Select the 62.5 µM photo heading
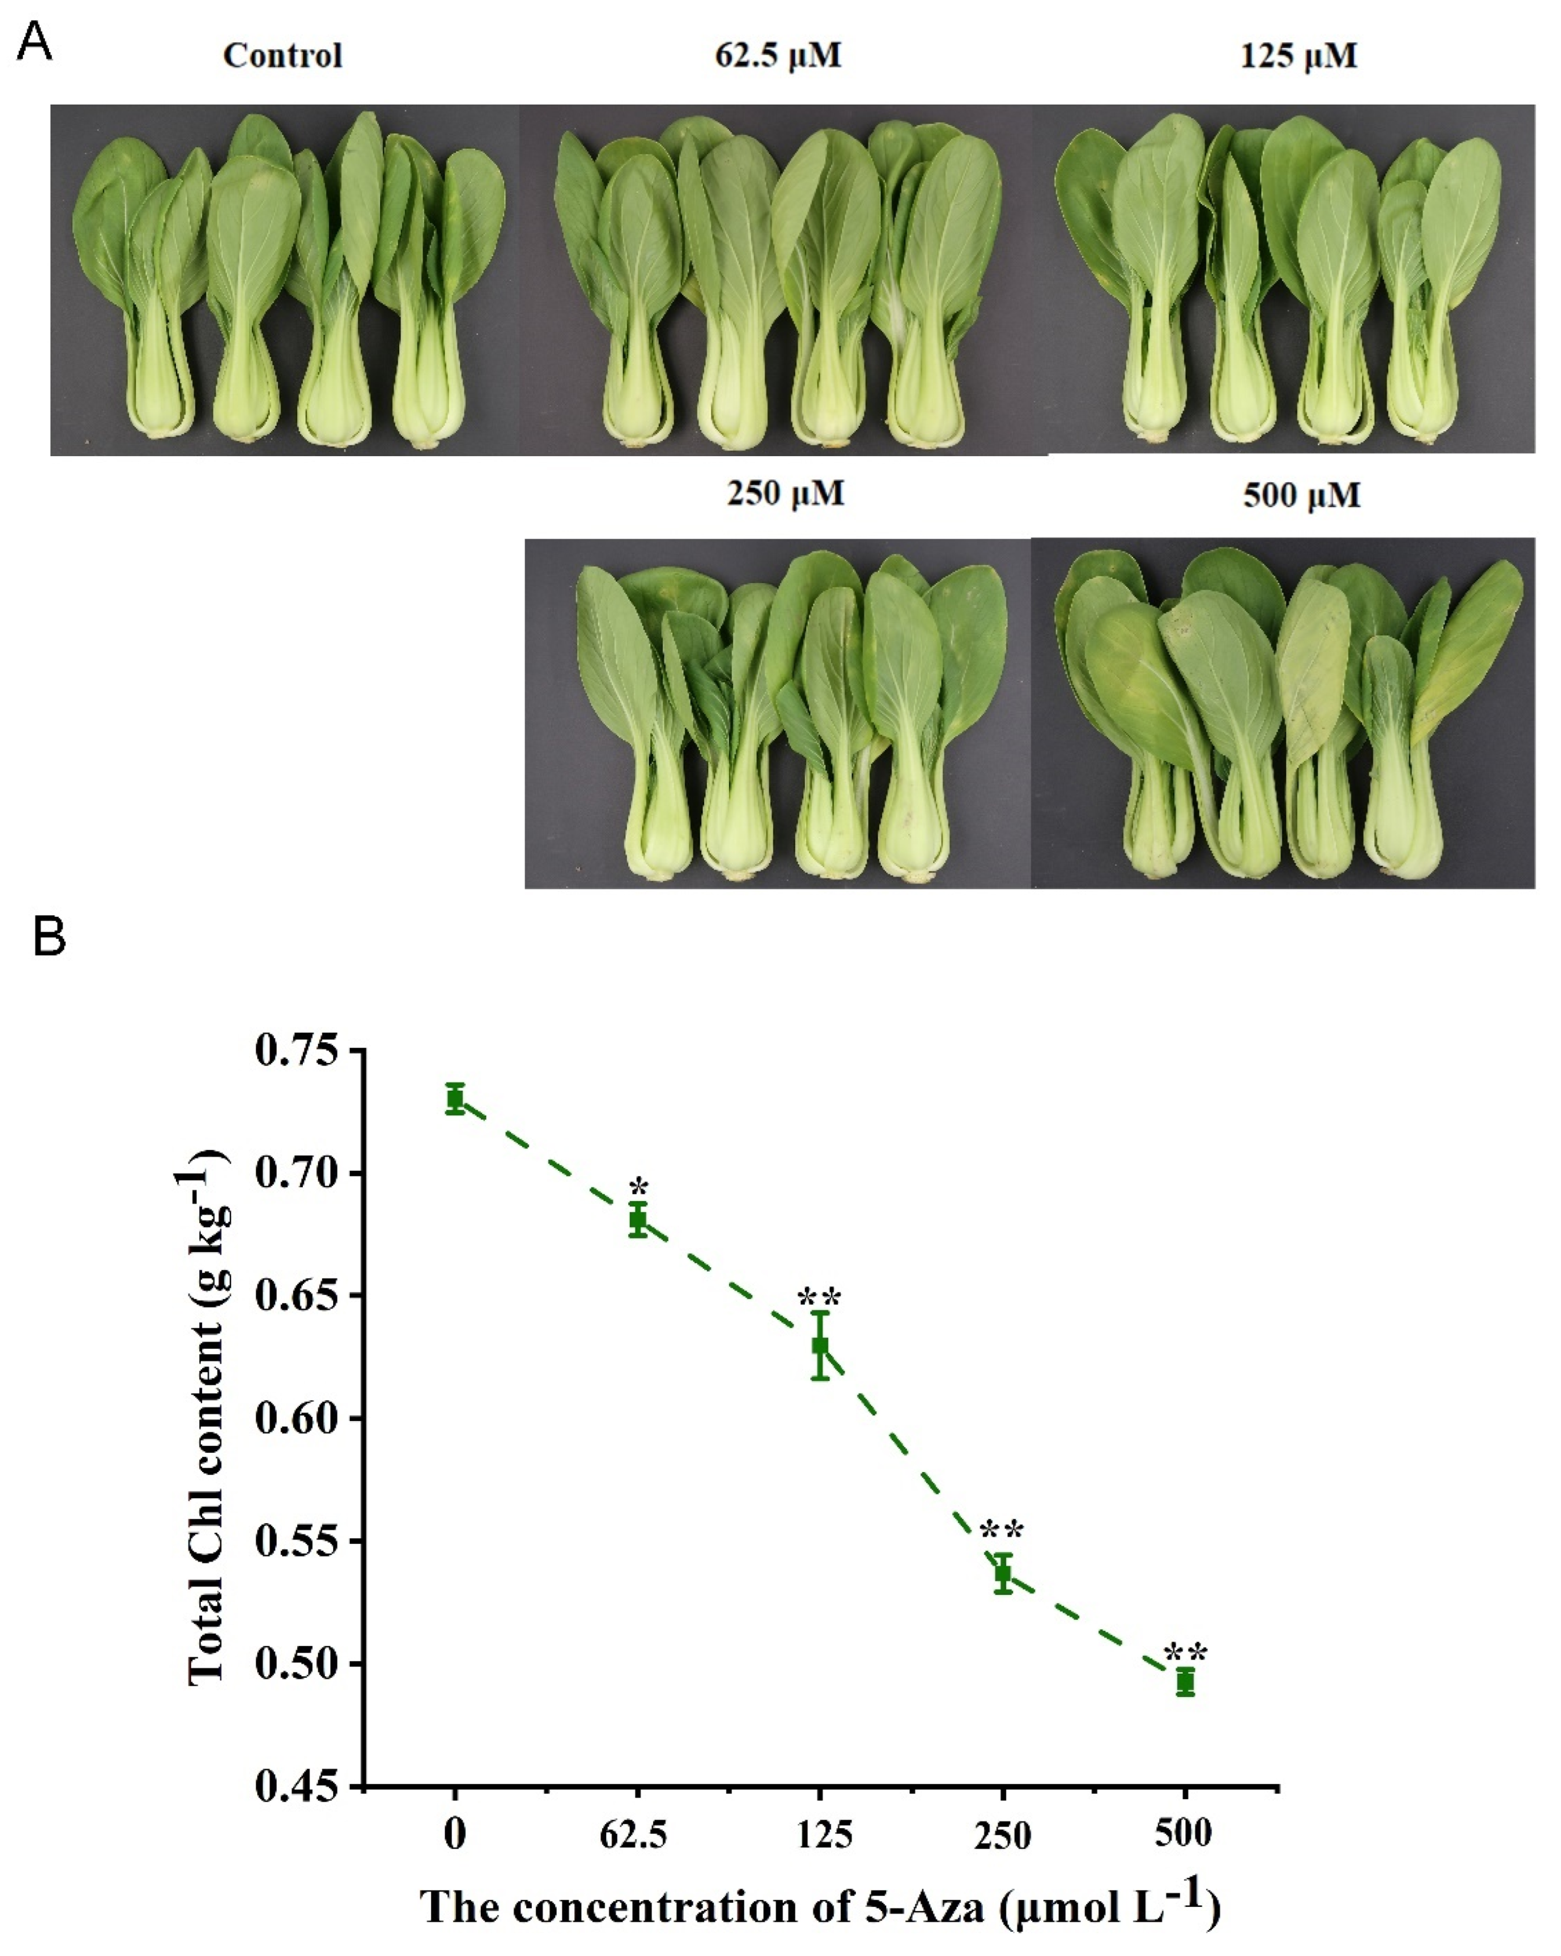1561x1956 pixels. tap(777, 56)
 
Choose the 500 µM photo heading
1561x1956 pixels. tap(1302, 496)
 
